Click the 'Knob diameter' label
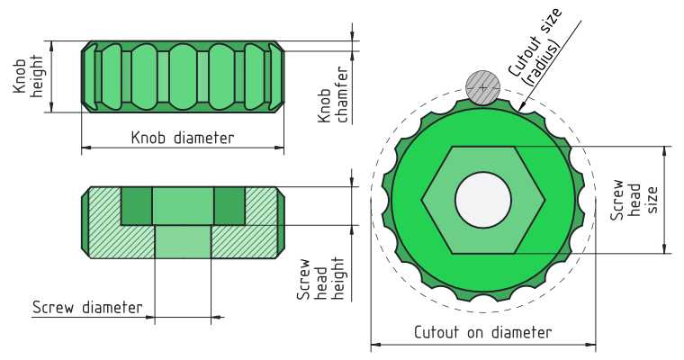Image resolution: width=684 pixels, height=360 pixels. click(183, 138)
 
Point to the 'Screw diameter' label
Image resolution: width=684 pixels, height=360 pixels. click(87, 307)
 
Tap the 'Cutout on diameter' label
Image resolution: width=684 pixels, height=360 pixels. click(482, 332)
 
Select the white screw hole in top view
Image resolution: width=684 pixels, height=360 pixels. click(483, 200)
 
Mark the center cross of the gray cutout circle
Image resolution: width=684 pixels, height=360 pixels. click(483, 86)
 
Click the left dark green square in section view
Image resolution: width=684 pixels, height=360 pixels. click(137, 206)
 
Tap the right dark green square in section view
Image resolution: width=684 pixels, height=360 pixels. click(229, 206)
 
